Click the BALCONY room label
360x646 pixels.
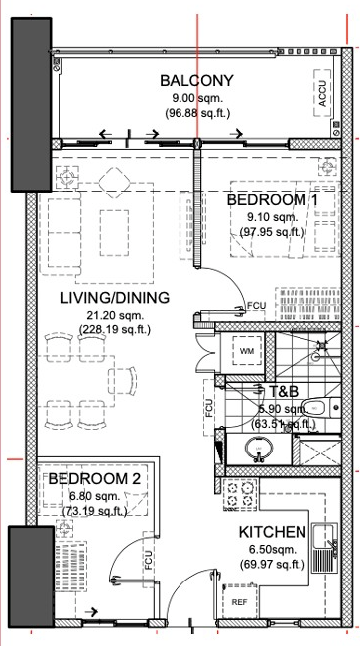(x=196, y=80)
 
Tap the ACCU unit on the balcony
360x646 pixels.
(x=322, y=93)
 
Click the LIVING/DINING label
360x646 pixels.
(x=115, y=298)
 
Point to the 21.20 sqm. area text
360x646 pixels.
(x=115, y=316)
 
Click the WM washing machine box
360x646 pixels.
(x=247, y=351)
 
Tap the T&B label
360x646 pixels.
(x=283, y=391)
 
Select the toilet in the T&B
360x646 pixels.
(x=320, y=408)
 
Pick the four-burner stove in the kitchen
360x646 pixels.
(x=240, y=495)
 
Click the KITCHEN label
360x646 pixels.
(x=273, y=532)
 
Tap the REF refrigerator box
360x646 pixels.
(x=240, y=602)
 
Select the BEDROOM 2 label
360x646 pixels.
(x=94, y=478)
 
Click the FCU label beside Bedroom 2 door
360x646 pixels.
(x=149, y=560)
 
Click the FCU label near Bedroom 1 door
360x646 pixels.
(x=256, y=306)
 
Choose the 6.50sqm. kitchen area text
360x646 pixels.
(x=273, y=549)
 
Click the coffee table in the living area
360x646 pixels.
(x=114, y=232)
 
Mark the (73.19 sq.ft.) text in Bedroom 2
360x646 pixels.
(x=94, y=511)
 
